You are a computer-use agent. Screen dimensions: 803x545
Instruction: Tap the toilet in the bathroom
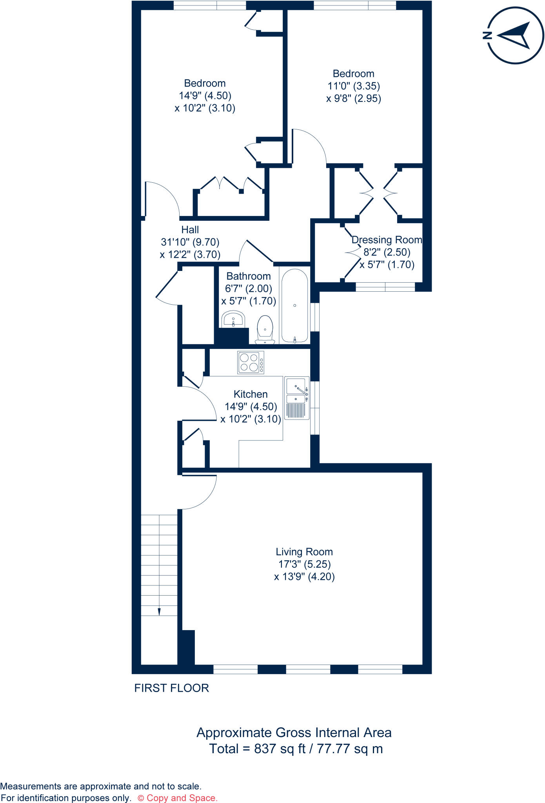click(x=265, y=329)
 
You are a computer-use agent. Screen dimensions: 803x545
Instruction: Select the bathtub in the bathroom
click(x=294, y=305)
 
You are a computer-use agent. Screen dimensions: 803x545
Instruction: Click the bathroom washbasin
click(x=233, y=319)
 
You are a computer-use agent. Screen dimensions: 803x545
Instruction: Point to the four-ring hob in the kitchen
click(x=251, y=362)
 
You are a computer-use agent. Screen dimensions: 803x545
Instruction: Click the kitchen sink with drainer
click(x=296, y=398)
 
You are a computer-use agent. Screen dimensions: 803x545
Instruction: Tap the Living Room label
click(x=304, y=552)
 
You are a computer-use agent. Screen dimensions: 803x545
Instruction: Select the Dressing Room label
click(x=387, y=240)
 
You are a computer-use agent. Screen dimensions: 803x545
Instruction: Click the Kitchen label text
click(x=251, y=394)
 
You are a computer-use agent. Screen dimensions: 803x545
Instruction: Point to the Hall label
click(x=190, y=230)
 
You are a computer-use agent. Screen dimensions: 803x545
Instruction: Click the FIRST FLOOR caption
click(x=171, y=688)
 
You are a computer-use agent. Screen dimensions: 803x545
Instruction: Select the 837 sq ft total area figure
click(x=280, y=748)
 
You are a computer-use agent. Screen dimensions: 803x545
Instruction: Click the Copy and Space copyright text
click(x=178, y=798)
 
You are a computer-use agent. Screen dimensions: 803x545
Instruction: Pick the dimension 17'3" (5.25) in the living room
click(x=305, y=564)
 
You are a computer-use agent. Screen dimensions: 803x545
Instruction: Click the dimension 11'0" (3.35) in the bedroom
click(x=354, y=86)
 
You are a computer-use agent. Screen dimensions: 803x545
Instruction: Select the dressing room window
click(x=385, y=287)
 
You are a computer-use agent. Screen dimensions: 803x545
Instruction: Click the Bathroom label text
click(x=249, y=276)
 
